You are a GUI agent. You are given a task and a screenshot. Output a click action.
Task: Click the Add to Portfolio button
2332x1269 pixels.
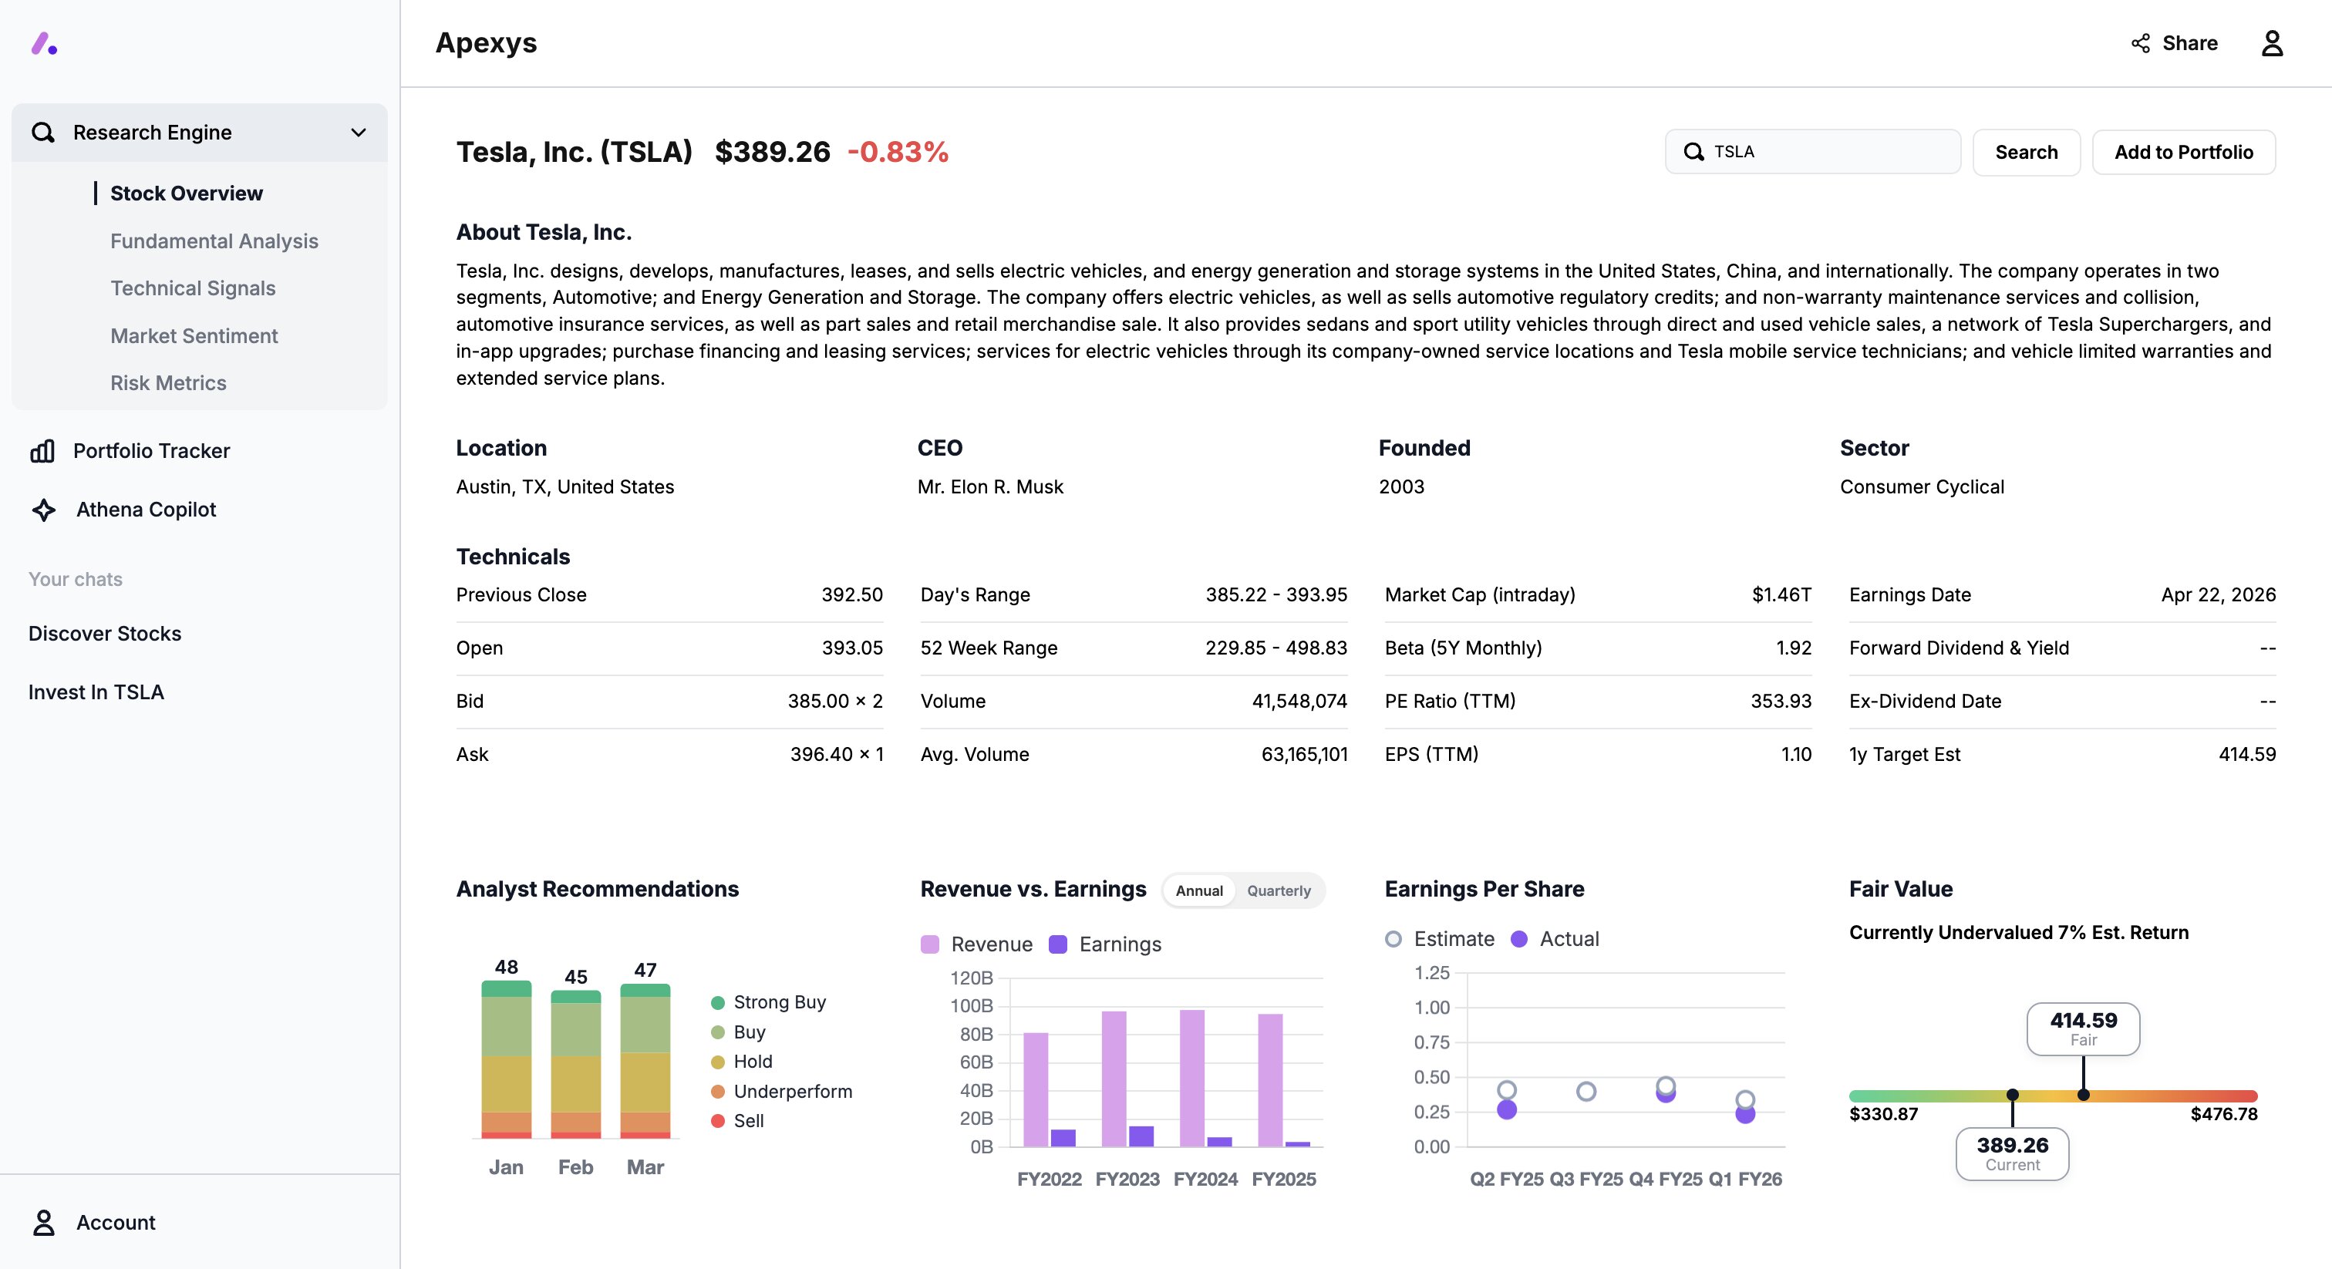pyautogui.click(x=2182, y=152)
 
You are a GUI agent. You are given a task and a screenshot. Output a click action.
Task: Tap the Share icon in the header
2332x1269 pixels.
pyautogui.click(x=2140, y=43)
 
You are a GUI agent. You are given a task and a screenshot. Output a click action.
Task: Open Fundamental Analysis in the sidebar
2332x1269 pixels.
pyautogui.click(x=214, y=241)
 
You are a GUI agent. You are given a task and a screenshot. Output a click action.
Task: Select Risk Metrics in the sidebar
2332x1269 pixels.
pyautogui.click(x=167, y=383)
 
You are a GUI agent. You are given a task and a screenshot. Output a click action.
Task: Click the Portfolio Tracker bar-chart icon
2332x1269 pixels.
pyautogui.click(x=42, y=451)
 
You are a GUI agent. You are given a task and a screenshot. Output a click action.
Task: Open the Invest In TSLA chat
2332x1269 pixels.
pyautogui.click(x=96, y=692)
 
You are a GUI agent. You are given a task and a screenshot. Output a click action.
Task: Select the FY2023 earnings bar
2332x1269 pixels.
pyautogui.click(x=1141, y=1136)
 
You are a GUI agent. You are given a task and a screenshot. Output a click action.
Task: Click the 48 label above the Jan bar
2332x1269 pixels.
pyautogui.click(x=506, y=967)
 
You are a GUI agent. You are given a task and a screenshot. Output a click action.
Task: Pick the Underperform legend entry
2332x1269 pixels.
pyautogui.click(x=792, y=1091)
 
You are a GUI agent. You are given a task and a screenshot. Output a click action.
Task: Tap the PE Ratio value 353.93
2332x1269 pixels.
pyautogui.click(x=1780, y=702)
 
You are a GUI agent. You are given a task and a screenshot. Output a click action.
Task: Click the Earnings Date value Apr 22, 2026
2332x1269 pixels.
pyautogui.click(x=2217, y=594)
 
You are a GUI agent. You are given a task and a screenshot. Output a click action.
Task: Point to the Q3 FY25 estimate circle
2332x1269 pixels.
pyautogui.click(x=1586, y=1092)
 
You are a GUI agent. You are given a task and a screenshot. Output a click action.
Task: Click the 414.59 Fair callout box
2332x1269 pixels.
pyautogui.click(x=2082, y=1028)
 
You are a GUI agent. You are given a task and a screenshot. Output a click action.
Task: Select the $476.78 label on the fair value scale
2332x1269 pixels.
pyautogui.click(x=2222, y=1114)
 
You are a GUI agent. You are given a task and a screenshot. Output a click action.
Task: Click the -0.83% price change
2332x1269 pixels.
pyautogui.click(x=897, y=152)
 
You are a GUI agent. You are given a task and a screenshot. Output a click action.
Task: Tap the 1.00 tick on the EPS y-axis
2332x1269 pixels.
pyautogui.click(x=1431, y=1008)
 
